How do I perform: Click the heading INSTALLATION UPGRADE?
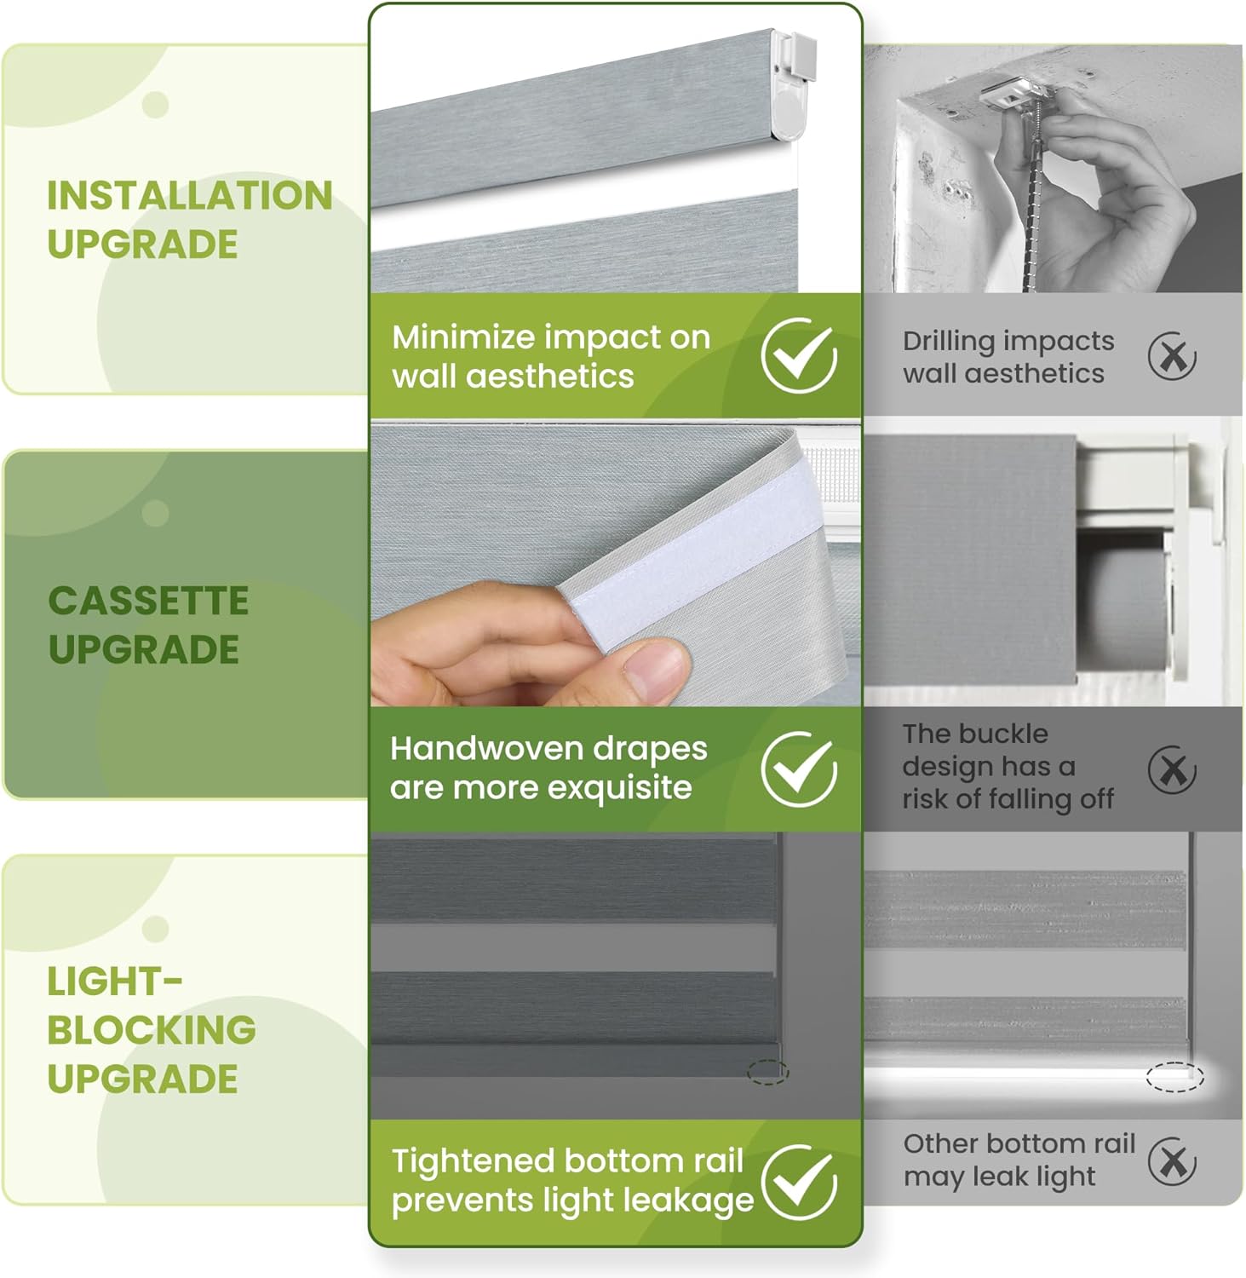pos(189,219)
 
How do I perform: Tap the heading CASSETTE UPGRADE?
pos(148,625)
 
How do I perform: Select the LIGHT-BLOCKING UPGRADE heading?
pos(151,1029)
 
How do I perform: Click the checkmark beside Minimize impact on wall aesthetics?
pos(798,355)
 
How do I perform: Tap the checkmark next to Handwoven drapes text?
pos(798,769)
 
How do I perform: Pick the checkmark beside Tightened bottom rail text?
pos(799,1182)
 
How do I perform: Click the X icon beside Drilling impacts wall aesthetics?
pos(1172,356)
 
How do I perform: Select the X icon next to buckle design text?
pos(1172,769)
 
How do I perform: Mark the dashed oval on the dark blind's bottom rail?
pos(768,1072)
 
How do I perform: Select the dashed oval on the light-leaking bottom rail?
pos(1174,1077)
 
